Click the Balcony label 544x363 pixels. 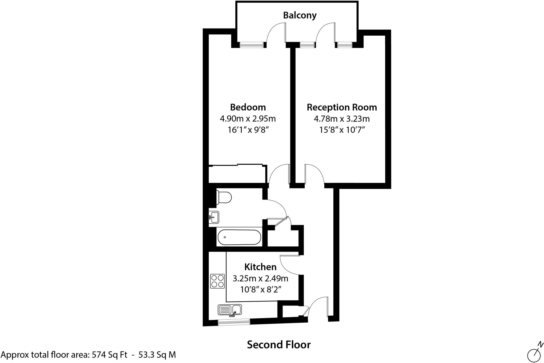300,15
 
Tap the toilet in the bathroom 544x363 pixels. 224,197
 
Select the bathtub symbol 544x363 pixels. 239,237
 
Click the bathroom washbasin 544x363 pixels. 214,217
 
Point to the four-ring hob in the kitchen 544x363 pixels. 217,281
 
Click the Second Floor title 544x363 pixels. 279,345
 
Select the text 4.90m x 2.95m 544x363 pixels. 248,119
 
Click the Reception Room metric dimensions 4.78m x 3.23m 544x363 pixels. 342,119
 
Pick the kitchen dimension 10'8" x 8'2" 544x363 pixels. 260,290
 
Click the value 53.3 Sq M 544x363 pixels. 157,355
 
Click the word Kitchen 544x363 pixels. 260,267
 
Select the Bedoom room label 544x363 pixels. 248,107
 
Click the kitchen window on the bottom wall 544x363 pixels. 234,322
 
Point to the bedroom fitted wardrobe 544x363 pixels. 237,174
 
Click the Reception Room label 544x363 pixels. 342,107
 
